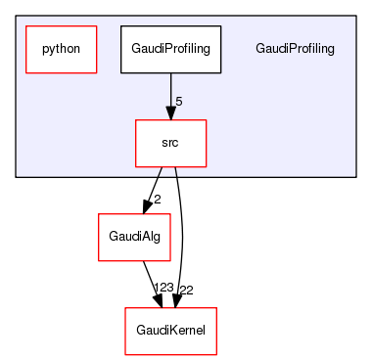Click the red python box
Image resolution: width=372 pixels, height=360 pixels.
pos(61,48)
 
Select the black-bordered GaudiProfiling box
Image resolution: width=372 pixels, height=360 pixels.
pos(171,48)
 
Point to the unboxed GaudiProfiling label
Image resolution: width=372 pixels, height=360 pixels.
pos(294,49)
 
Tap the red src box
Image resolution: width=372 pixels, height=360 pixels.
pos(170,143)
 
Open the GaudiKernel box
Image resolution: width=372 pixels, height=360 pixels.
pos(170,331)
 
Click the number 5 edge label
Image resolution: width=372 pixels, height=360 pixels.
pos(178,102)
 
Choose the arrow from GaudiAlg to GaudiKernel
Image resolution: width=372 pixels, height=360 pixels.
pos(149,278)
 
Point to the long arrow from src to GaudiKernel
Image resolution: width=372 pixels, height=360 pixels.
pos(182,235)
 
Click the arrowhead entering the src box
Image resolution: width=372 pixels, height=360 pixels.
pos(171,113)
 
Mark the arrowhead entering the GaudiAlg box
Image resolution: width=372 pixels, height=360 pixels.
pos(146,206)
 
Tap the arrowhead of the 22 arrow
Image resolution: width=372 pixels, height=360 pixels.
pos(176,300)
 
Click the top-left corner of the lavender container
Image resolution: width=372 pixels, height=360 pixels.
pos(16,16)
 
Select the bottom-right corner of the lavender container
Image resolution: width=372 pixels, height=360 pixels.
pos(355,177)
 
